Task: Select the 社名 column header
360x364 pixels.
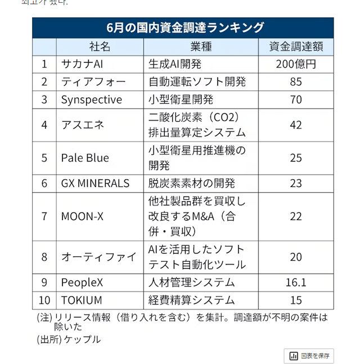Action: [x=100, y=46]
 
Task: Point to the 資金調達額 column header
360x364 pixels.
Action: [x=296, y=46]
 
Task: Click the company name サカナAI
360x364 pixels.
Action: [x=83, y=63]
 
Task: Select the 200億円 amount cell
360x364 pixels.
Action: [x=296, y=63]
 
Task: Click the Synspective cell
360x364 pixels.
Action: [x=91, y=99]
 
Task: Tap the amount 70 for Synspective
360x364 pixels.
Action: [x=296, y=99]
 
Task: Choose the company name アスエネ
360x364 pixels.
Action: [x=83, y=125]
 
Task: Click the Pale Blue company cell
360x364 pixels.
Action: [x=85, y=158]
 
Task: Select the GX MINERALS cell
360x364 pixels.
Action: [x=95, y=183]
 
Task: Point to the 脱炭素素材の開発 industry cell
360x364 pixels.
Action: [x=192, y=183]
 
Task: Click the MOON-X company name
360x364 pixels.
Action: [x=83, y=216]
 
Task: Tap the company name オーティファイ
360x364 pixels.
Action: [x=98, y=257]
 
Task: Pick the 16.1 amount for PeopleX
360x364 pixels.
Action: [x=296, y=282]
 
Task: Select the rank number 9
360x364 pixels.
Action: [x=44, y=282]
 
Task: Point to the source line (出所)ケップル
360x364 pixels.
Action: [x=69, y=339]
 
